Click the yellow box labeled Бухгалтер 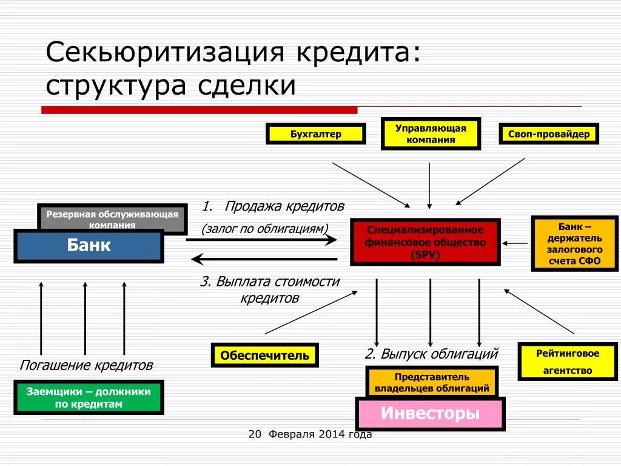click(315, 134)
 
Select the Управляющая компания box click(431, 134)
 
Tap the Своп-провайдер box click(549, 134)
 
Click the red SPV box click(425, 242)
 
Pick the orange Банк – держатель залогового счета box click(575, 243)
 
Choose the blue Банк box click(89, 246)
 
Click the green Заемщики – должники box click(89, 397)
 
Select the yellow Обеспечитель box click(264, 356)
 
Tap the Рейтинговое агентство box click(568, 362)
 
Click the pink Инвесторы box click(430, 414)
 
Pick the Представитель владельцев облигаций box click(432, 382)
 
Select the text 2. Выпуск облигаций click(431, 354)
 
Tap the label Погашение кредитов click(86, 365)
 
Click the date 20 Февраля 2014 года click(310, 434)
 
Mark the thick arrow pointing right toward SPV click(261, 240)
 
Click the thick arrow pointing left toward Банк click(264, 260)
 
